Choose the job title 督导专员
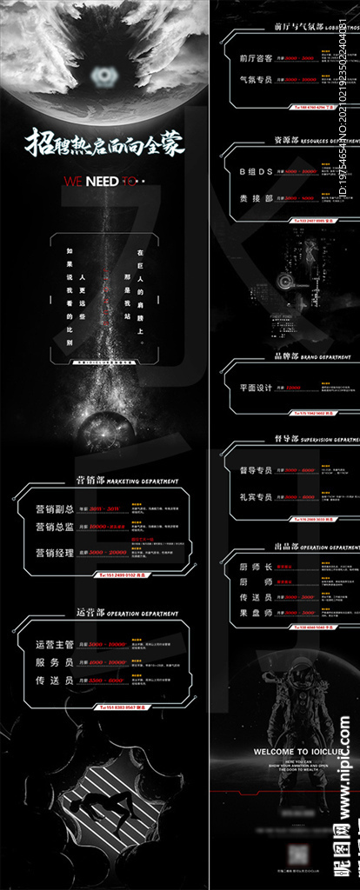point(256,470)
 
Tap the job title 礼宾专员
point(256,497)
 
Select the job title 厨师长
point(256,567)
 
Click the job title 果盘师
point(256,611)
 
